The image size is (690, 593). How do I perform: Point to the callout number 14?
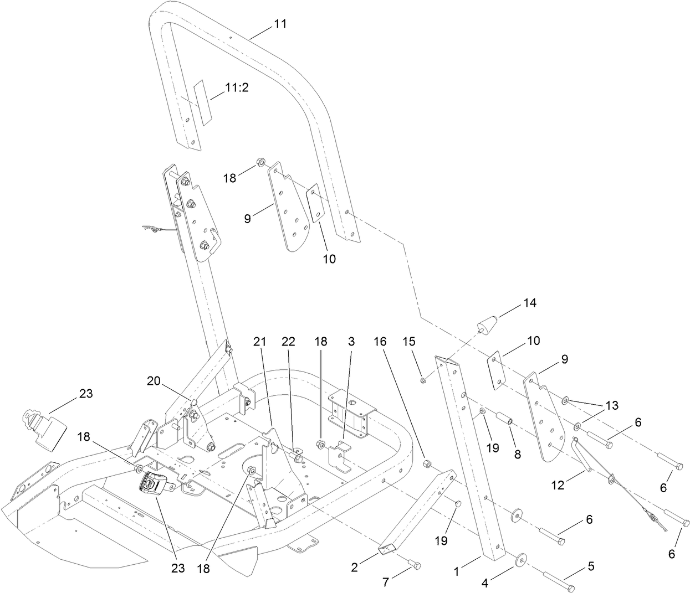tap(529, 303)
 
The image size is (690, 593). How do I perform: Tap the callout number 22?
tap(289, 343)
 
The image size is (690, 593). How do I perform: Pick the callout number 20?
tap(154, 381)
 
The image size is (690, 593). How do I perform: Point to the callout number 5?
tap(590, 566)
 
